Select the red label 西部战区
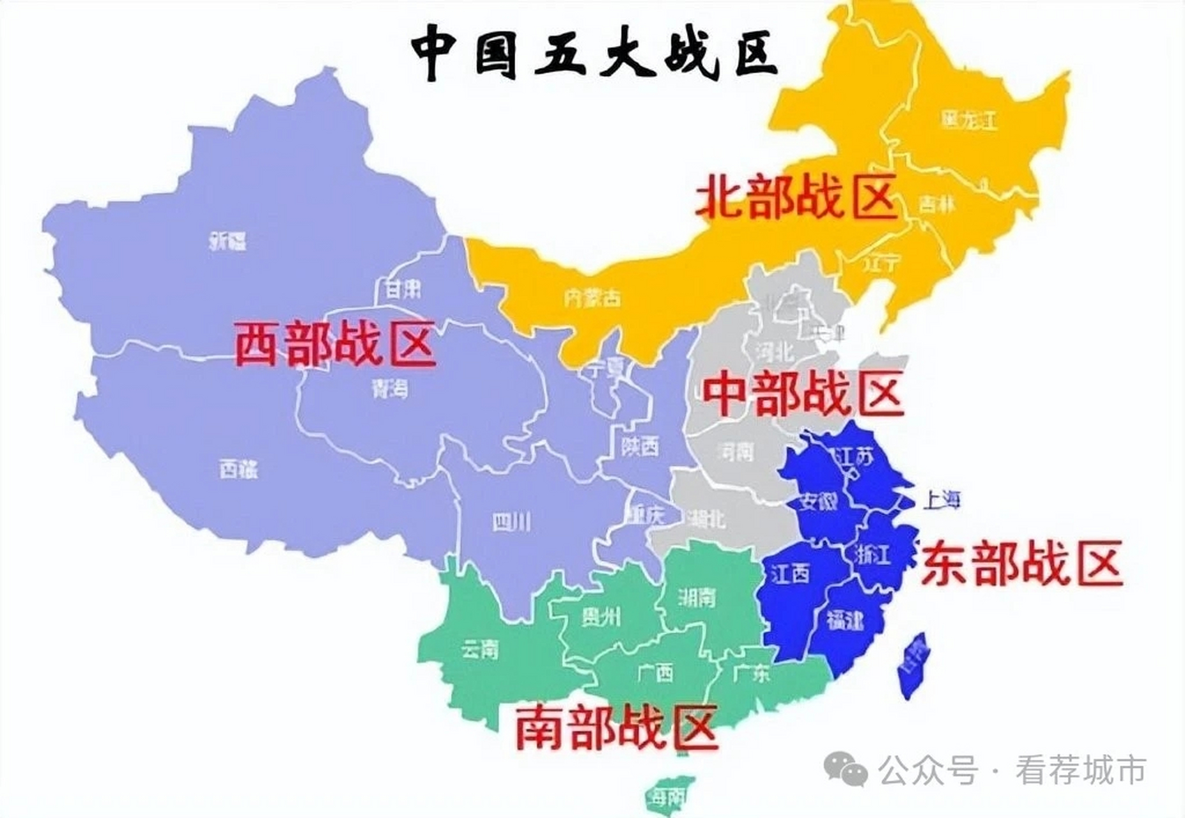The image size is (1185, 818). click(x=336, y=345)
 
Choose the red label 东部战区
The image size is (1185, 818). click(x=1021, y=562)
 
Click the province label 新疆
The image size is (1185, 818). click(x=228, y=242)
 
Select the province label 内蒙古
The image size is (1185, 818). click(x=592, y=298)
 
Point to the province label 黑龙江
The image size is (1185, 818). click(x=969, y=120)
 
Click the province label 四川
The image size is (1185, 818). click(x=511, y=523)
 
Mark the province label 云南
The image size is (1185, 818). click(x=479, y=651)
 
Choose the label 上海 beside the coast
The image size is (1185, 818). click(x=941, y=500)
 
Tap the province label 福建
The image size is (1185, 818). click(x=844, y=619)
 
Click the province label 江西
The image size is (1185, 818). click(x=790, y=573)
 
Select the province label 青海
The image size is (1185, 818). click(x=389, y=389)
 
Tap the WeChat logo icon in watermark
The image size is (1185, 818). click(x=845, y=769)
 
